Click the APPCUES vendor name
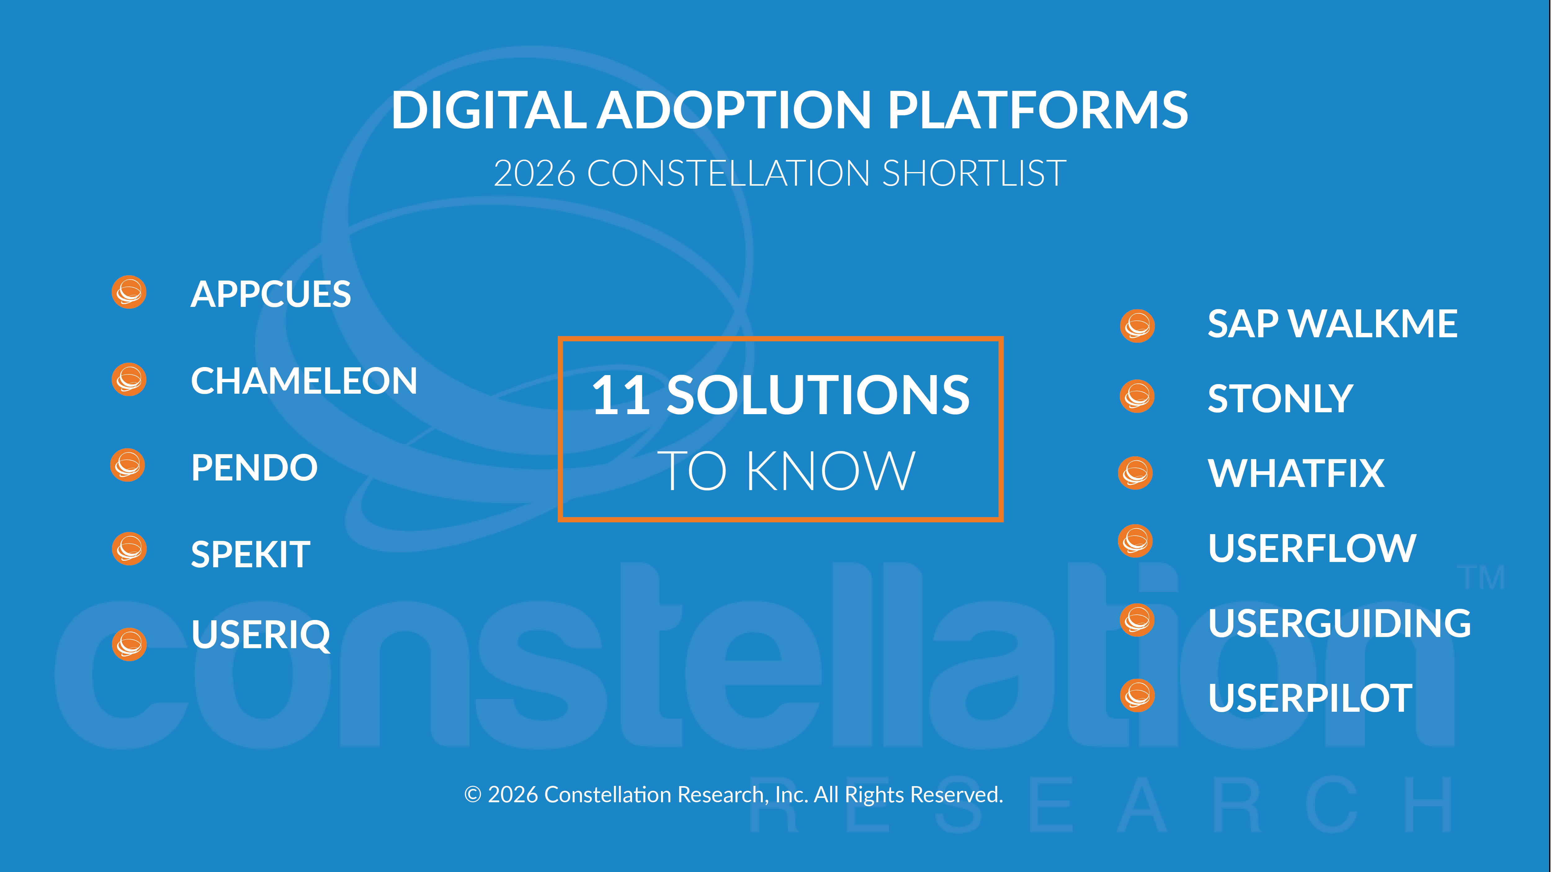point(270,294)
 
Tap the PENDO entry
point(254,467)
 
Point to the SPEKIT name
point(250,554)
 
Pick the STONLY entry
point(1281,398)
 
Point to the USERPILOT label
point(1310,698)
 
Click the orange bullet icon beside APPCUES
point(129,292)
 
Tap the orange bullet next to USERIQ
point(129,644)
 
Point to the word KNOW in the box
point(831,471)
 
